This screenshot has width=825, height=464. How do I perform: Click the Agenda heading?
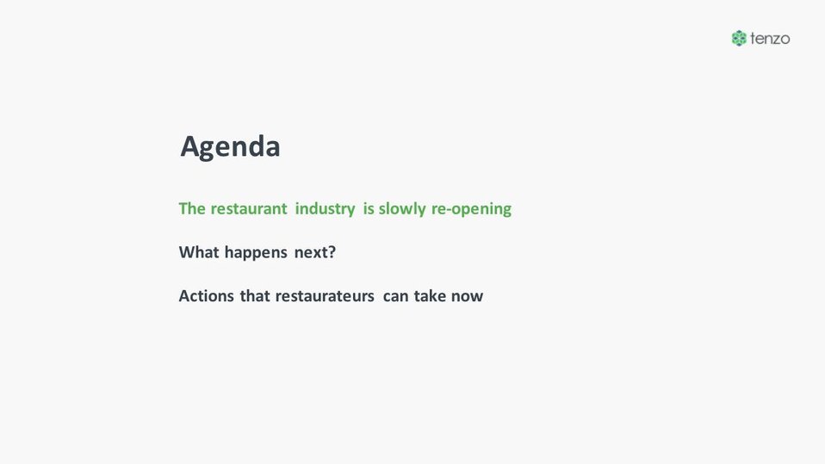tap(230, 146)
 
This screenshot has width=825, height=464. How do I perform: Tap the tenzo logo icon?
tap(739, 39)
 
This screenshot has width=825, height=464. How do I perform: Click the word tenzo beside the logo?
tap(770, 39)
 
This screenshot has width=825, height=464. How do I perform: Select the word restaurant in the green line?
tap(249, 209)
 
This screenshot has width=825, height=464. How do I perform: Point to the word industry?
tap(326, 209)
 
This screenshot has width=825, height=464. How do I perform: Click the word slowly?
tap(402, 209)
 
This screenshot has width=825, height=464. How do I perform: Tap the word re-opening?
tap(471, 210)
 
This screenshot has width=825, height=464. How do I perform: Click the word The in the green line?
tap(192, 209)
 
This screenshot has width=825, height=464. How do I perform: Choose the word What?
tap(199, 252)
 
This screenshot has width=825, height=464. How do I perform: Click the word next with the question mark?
tap(314, 253)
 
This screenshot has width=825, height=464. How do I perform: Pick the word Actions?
tap(207, 296)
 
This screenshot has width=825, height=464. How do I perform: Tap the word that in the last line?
tap(255, 296)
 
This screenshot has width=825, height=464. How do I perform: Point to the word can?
tap(395, 297)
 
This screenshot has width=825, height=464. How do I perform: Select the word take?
tap(430, 296)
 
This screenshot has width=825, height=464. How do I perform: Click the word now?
tap(468, 297)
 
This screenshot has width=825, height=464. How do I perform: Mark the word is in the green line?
tap(369, 209)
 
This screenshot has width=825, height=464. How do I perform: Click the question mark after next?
tap(332, 252)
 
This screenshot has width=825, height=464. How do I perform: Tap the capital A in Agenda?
tap(190, 146)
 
